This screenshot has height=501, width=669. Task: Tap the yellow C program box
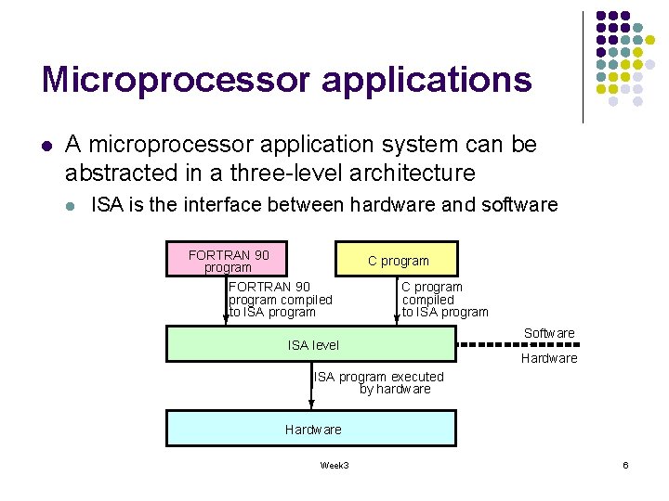pyautogui.click(x=397, y=261)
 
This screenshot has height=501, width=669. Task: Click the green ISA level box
pyautogui.click(x=311, y=344)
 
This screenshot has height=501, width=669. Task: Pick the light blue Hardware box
pyautogui.click(x=311, y=429)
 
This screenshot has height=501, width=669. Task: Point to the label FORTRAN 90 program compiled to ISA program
pyautogui.click(x=280, y=300)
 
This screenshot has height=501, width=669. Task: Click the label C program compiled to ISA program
pyautogui.click(x=444, y=300)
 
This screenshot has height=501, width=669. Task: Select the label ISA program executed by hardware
pyautogui.click(x=379, y=383)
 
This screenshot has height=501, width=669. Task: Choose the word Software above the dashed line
pyautogui.click(x=549, y=333)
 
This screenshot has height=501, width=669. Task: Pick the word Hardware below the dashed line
pyautogui.click(x=549, y=358)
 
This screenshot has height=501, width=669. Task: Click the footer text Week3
pyautogui.click(x=334, y=465)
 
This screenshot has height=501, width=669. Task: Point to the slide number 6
pyautogui.click(x=625, y=465)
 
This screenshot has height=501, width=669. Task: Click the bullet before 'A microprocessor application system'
pyautogui.click(x=46, y=146)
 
